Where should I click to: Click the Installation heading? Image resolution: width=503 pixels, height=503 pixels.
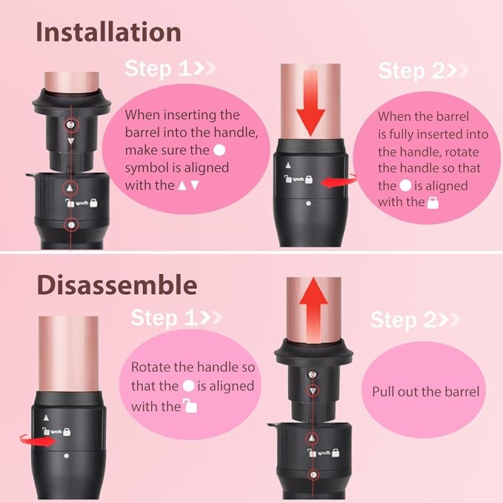(108, 32)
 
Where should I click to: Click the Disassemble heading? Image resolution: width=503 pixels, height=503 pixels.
(117, 284)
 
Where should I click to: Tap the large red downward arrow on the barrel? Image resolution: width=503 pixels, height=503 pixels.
(310, 103)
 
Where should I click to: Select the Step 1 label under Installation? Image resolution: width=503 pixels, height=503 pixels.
(170, 68)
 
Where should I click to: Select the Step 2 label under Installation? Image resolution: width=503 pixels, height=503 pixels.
(424, 70)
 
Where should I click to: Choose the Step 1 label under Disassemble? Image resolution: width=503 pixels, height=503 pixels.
(176, 318)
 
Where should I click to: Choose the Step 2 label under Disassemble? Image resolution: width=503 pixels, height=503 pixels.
(416, 320)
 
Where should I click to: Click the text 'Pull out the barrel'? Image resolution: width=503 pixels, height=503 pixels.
(426, 392)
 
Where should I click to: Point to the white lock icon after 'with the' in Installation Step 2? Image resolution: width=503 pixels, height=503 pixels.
(433, 203)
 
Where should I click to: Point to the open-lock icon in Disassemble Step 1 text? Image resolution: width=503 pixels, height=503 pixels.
(190, 406)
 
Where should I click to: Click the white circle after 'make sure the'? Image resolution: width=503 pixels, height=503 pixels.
(219, 150)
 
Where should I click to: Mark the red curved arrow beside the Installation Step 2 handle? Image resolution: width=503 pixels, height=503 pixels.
(339, 181)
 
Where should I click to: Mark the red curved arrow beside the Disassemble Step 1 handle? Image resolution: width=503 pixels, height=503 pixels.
(38, 441)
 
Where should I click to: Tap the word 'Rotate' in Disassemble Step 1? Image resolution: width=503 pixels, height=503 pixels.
(151, 367)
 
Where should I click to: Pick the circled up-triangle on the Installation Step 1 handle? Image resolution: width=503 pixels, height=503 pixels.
(70, 188)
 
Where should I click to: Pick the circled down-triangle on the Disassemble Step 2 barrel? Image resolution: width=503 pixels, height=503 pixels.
(313, 390)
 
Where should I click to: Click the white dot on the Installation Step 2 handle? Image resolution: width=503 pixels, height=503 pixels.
(308, 204)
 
